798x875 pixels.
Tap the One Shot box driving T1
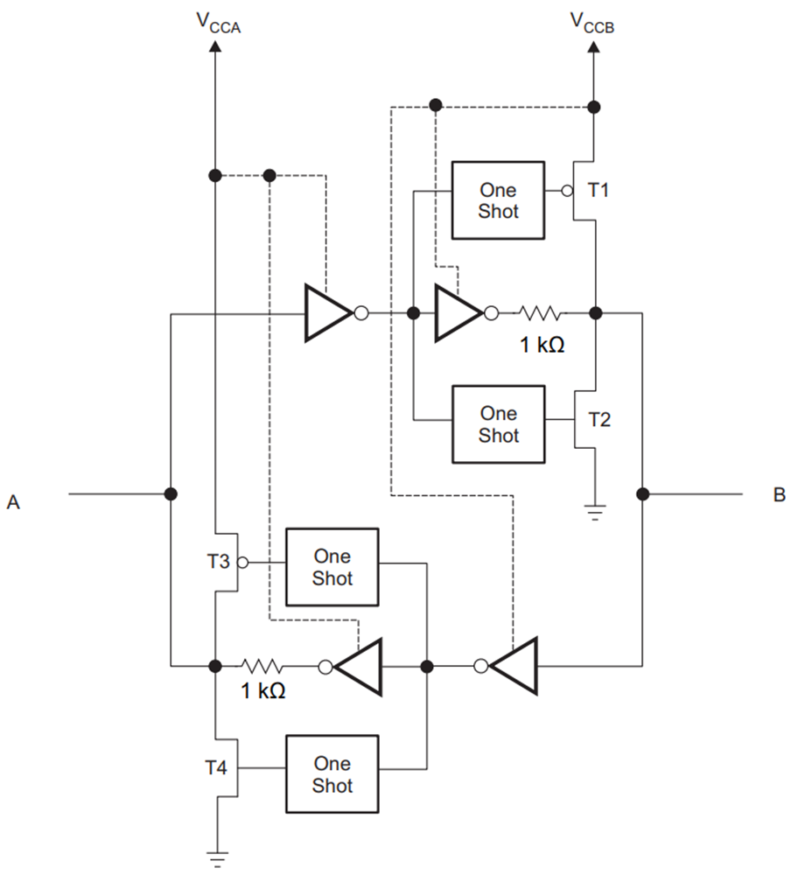[x=497, y=200]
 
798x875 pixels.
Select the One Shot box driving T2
[x=497, y=424]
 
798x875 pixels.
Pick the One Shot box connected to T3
[x=332, y=567]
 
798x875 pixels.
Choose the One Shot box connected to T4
[x=332, y=774]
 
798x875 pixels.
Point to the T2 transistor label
[x=599, y=419]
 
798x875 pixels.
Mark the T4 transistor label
[x=216, y=768]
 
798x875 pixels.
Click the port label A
[x=13, y=502]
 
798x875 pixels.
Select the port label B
[x=779, y=495]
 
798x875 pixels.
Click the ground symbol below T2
[x=596, y=513]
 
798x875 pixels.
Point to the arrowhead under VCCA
[x=214, y=45]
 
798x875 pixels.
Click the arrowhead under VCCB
[x=594, y=45]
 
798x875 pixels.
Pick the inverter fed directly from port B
[x=513, y=666]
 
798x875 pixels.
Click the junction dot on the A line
[x=171, y=494]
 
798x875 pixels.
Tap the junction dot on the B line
[x=643, y=494]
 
